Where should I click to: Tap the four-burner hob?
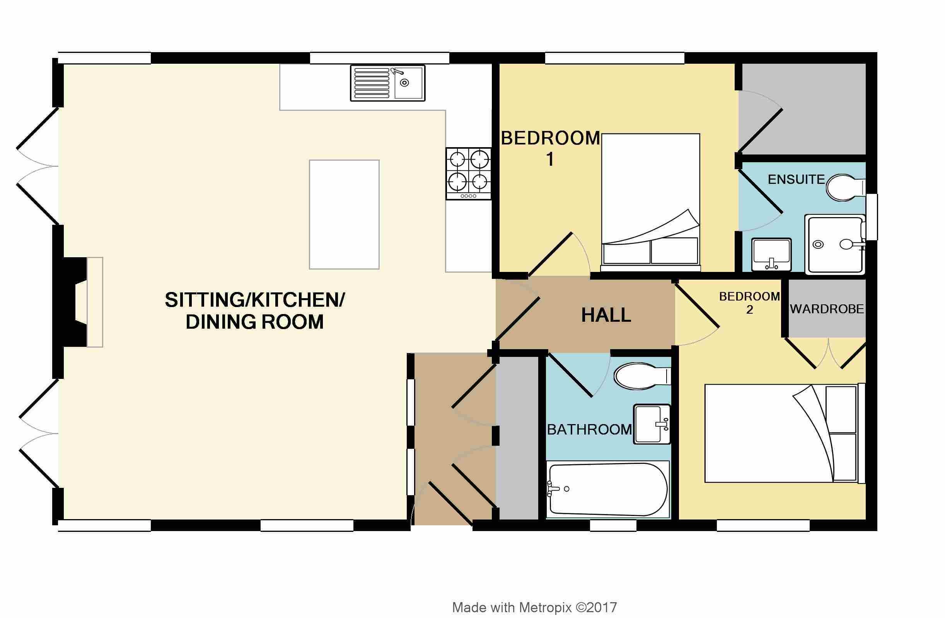coord(469,173)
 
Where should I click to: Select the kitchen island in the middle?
coord(344,215)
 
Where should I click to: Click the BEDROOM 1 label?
coord(550,148)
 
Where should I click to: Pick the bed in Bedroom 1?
coord(650,202)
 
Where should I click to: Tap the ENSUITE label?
coord(796,180)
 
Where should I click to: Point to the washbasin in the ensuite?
coord(771,254)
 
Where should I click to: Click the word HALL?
coord(606,315)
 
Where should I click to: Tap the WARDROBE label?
coord(827,309)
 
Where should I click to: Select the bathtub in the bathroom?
coord(608,489)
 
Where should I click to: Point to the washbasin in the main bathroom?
coord(652,424)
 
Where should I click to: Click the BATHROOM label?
coord(589,429)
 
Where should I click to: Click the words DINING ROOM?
coord(254,322)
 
